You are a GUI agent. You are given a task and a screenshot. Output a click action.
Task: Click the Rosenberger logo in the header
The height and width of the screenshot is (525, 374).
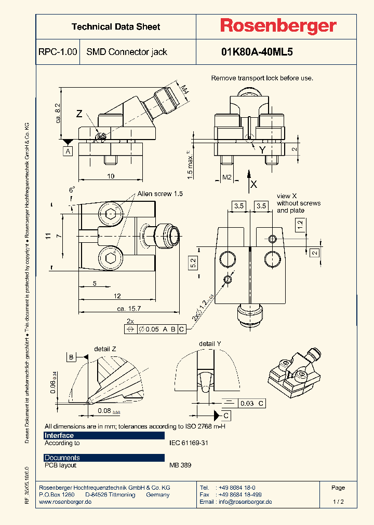click(x=278, y=26)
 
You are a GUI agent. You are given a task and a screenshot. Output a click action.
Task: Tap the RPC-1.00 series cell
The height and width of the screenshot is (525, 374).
click(x=58, y=52)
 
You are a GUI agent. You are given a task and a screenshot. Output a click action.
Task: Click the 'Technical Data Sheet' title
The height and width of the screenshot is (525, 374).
click(x=116, y=26)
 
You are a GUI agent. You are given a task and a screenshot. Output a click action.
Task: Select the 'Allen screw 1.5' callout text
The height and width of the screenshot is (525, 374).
click(x=160, y=194)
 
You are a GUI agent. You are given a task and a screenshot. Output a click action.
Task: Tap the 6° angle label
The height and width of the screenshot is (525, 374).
click(x=72, y=190)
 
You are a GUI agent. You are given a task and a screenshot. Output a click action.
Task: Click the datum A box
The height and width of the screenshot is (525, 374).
click(x=68, y=151)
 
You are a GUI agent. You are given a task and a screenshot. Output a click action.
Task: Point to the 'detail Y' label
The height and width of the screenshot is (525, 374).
click(x=210, y=344)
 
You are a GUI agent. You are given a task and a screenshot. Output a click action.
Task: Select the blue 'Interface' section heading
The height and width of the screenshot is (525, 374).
click(x=59, y=435)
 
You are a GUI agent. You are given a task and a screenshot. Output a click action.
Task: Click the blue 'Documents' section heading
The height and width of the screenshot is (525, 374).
click(x=62, y=458)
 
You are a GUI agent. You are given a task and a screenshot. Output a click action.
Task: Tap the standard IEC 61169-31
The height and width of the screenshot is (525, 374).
click(x=189, y=443)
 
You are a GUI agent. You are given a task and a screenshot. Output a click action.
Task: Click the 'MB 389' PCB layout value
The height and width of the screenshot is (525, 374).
click(x=180, y=465)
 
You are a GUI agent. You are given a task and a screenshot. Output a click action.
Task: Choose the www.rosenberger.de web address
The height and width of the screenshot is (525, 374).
click(x=65, y=502)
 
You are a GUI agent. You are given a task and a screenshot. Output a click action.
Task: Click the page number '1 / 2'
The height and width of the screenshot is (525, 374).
click(x=338, y=502)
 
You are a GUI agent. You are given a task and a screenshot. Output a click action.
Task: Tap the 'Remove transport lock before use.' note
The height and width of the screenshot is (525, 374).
click(x=262, y=78)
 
